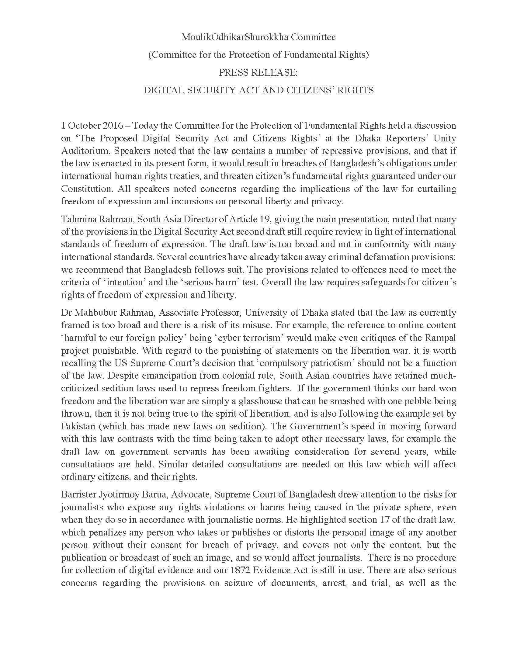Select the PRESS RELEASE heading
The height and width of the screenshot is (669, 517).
coord(258,73)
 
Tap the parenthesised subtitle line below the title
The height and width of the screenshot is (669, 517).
coord(258,55)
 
